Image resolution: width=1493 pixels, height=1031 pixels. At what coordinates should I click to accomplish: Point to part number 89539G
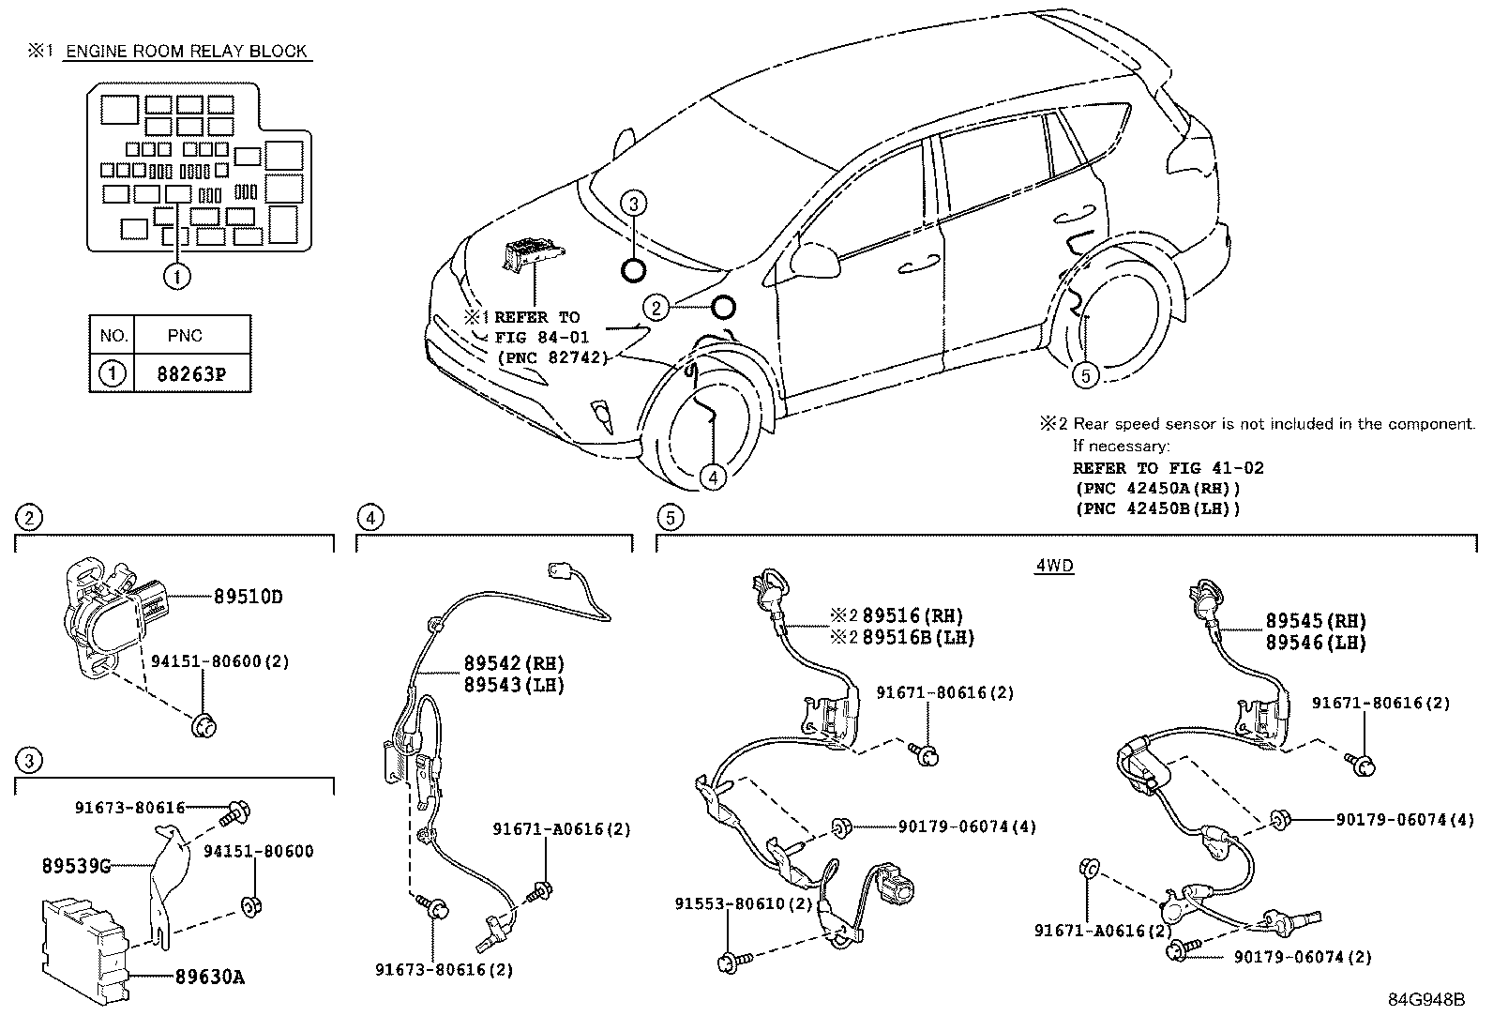75,865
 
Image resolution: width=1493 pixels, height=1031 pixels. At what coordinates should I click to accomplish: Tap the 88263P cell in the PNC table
191,374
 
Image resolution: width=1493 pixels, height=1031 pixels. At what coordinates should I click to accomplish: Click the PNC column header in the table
185,335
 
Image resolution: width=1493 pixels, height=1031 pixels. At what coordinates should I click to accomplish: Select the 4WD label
1055,566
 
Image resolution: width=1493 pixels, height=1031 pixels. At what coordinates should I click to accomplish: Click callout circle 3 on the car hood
634,204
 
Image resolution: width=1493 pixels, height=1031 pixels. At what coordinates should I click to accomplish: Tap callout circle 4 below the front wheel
713,477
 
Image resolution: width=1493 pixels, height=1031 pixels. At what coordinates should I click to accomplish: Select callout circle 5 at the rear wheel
1085,375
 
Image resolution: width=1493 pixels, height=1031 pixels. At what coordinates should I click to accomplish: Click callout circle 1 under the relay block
176,276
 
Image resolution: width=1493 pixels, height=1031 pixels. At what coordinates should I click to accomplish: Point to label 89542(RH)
514,662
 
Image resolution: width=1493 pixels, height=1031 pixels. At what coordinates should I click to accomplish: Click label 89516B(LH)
918,637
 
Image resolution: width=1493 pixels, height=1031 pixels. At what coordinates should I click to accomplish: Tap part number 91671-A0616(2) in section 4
562,828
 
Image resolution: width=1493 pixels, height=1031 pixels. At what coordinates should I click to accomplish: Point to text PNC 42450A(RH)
1157,488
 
